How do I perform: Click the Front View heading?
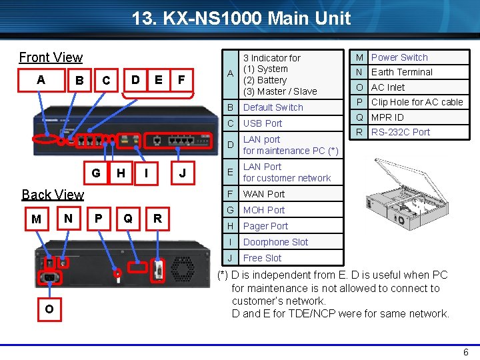click(x=51, y=57)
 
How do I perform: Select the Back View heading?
click(x=53, y=195)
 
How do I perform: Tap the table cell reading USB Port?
click(x=263, y=123)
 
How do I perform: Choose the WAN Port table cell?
click(x=263, y=194)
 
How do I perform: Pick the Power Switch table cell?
click(x=399, y=57)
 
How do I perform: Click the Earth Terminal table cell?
click(x=401, y=72)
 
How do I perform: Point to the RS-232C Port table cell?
click(x=400, y=132)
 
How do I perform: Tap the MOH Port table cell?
click(x=263, y=210)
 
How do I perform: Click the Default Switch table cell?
click(x=273, y=107)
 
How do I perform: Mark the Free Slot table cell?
click(x=262, y=258)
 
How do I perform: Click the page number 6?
click(x=465, y=352)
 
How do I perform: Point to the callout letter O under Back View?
click(x=49, y=309)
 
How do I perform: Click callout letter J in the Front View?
click(x=182, y=174)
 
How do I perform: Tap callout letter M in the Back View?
click(x=37, y=219)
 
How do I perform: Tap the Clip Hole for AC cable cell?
click(x=417, y=102)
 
